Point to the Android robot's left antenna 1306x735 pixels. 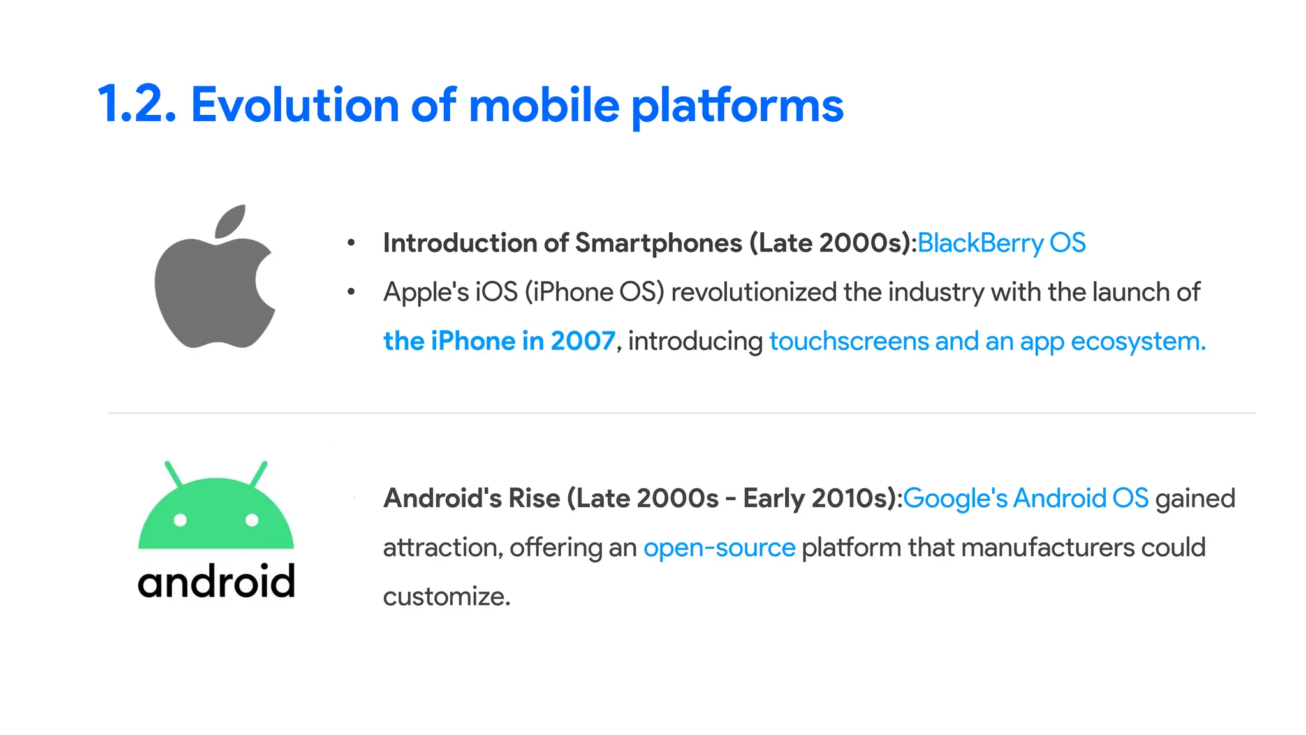click(173, 473)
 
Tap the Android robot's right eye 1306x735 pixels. click(252, 520)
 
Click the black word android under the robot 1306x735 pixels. click(216, 581)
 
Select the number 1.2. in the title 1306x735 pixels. click(136, 105)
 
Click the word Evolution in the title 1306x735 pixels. click(295, 105)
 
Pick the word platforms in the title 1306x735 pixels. click(737, 106)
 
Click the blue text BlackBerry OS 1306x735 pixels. click(1001, 243)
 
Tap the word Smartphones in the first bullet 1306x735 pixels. click(659, 243)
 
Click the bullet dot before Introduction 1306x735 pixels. click(351, 243)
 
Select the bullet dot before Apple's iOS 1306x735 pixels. click(351, 292)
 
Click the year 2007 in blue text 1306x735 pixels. click(583, 341)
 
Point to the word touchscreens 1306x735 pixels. click(848, 341)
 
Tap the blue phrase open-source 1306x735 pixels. click(719, 548)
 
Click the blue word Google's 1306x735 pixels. click(955, 498)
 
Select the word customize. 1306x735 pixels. click(446, 597)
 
